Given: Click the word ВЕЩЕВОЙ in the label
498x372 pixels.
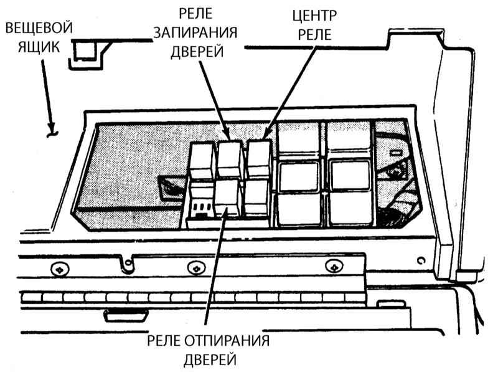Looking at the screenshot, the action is (39, 28).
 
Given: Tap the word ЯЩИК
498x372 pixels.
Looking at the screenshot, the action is (39, 47).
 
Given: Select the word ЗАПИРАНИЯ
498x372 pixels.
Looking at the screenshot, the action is (195, 32).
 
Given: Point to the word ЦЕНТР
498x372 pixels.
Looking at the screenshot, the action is (314, 16).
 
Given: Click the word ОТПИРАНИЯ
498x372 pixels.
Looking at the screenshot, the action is (227, 341).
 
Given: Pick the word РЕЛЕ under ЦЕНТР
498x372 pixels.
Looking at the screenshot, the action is (314, 34).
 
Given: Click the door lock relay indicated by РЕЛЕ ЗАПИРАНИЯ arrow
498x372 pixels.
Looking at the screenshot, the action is (230, 158).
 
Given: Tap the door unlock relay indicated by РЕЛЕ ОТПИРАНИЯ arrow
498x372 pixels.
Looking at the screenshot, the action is (227, 198).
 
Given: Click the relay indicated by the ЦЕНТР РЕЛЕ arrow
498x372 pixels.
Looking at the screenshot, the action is (259, 158).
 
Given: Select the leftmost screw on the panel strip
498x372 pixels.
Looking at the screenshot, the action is (60, 270).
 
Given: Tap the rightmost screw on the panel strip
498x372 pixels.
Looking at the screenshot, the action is (334, 267).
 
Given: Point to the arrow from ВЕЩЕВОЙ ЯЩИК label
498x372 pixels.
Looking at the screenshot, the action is (49, 96).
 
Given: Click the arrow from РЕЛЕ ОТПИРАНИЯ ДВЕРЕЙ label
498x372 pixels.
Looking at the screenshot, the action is (216, 265).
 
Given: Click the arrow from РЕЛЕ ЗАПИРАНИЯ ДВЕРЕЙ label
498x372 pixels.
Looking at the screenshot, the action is (215, 100).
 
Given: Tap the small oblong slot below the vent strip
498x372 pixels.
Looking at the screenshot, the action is (126, 315).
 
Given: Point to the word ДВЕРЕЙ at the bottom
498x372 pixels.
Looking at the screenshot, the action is (210, 360).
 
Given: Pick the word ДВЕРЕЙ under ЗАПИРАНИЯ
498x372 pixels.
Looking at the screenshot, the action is (197, 52).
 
